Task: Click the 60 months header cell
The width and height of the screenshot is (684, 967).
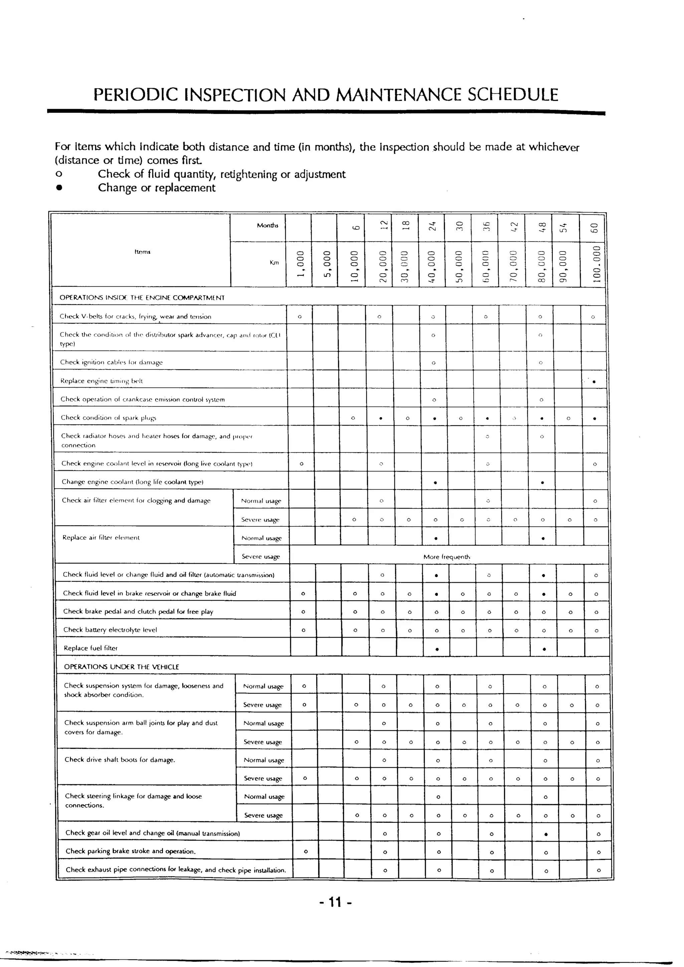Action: tap(593, 228)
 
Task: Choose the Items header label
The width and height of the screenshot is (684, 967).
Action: tap(142, 252)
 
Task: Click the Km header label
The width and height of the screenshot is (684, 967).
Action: tap(274, 263)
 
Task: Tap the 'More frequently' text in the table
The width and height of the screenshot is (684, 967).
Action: tap(447, 556)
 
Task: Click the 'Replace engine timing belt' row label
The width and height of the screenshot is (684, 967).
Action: tap(102, 381)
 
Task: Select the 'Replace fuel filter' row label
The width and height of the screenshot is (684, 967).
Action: tap(91, 648)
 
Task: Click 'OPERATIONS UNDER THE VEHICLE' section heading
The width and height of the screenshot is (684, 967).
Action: tap(121, 667)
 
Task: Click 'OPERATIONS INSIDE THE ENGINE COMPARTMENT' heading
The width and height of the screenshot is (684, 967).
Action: tap(142, 298)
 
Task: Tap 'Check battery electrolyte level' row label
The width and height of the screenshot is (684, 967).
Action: tap(110, 630)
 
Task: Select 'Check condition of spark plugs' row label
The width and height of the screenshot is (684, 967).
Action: tap(108, 418)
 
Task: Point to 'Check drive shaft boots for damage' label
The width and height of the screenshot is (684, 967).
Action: tap(120, 760)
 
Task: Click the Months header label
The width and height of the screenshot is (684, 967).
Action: tap(268, 225)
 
